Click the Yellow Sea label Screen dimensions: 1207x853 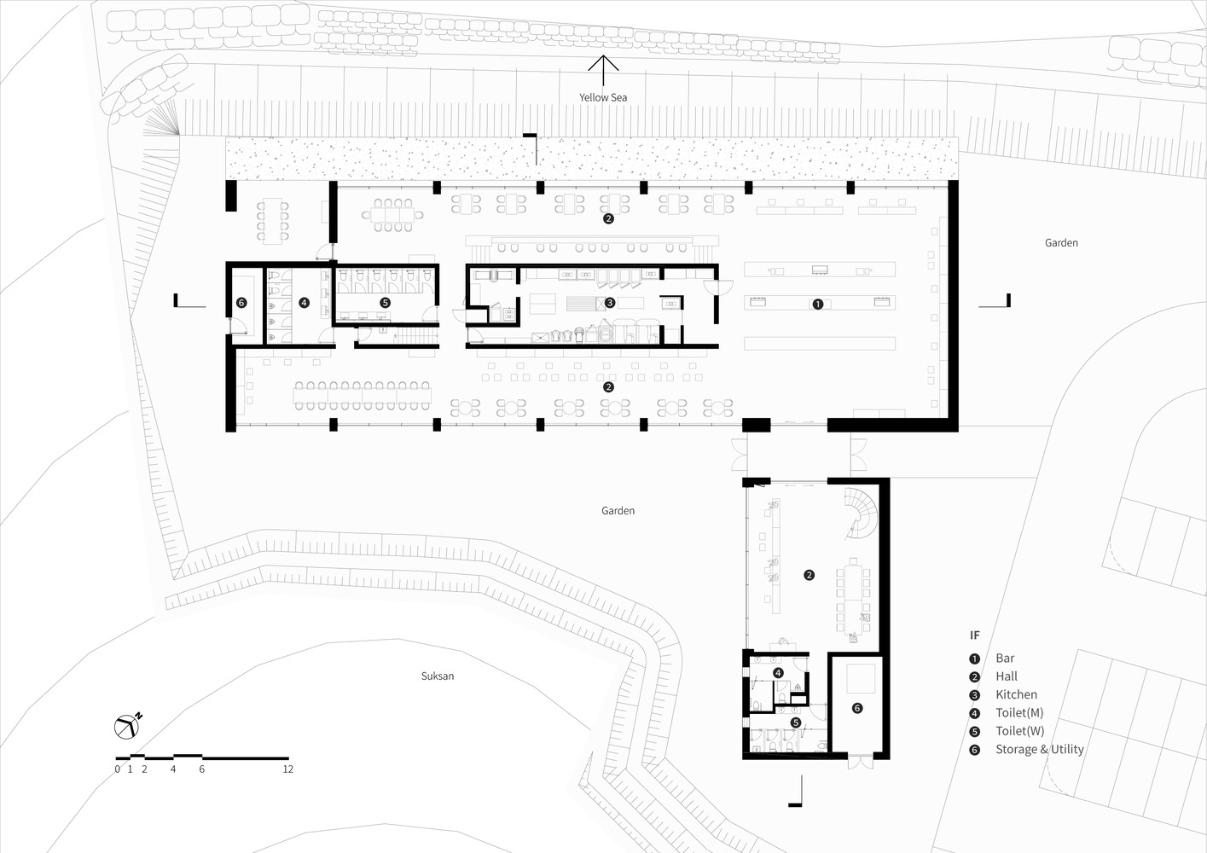[x=603, y=97]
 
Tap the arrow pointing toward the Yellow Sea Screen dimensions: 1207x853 [x=603, y=71]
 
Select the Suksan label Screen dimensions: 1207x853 [x=438, y=676]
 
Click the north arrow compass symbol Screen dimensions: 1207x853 [x=127, y=727]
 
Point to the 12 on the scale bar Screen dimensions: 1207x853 [x=287, y=769]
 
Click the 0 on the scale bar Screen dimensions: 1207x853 [x=118, y=769]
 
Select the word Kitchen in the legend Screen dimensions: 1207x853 [x=1016, y=694]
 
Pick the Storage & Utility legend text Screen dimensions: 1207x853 [x=1040, y=749]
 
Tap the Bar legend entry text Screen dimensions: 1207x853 [x=1005, y=658]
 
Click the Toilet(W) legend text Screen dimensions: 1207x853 [x=1019, y=731]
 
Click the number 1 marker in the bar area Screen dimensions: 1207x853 [x=817, y=305]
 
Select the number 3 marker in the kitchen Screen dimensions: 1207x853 [x=609, y=303]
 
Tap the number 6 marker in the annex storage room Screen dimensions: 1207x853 [x=857, y=708]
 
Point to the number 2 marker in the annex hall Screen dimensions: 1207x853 [x=809, y=575]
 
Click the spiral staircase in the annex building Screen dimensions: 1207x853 [x=861, y=512]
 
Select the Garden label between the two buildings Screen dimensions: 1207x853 [x=618, y=510]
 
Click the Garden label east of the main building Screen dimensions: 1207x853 [x=1061, y=242]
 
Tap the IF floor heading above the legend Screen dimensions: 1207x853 [x=975, y=635]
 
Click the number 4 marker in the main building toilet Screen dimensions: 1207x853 [x=304, y=303]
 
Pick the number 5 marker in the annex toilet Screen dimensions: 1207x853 [x=795, y=722]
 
